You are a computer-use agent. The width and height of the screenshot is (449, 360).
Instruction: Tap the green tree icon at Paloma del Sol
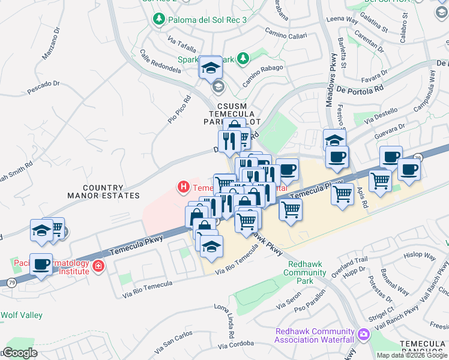coord(159,19)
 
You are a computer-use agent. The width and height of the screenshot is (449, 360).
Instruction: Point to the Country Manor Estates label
coord(104,191)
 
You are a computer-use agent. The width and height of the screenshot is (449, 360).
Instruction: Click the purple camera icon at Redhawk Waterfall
coord(363,334)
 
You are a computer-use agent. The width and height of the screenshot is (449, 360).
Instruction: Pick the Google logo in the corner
coord(19,352)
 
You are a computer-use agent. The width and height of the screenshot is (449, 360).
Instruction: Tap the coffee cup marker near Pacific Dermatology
coord(41,264)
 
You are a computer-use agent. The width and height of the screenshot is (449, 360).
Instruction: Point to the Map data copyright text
coord(412,355)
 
